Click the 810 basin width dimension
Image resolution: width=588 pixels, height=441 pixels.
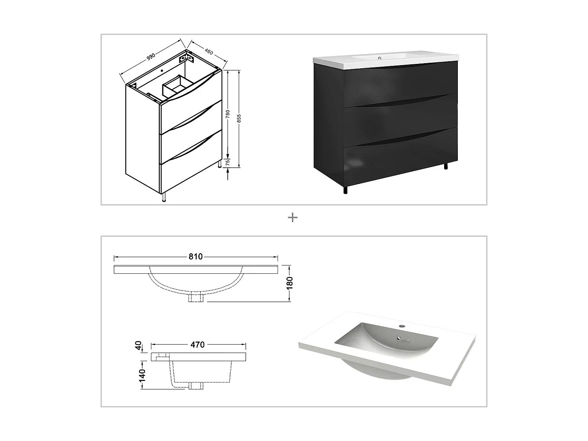click(196, 257)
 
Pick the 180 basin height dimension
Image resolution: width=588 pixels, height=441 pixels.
click(289, 283)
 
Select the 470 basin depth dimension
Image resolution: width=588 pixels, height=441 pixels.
click(198, 345)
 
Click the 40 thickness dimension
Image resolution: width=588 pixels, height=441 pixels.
click(138, 346)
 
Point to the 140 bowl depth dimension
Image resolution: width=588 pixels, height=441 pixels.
click(142, 375)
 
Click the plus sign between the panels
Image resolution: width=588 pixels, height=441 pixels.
click(292, 218)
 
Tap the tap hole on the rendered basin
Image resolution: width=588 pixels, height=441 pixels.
click(401, 326)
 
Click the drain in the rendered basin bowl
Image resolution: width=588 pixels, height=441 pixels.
click(399, 338)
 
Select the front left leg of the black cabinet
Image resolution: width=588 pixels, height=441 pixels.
click(345, 190)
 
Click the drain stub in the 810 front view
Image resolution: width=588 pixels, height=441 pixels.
click(196, 298)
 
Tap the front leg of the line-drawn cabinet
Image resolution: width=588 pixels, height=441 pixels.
click(164, 198)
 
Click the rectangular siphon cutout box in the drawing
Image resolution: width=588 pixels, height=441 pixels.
click(175, 86)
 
